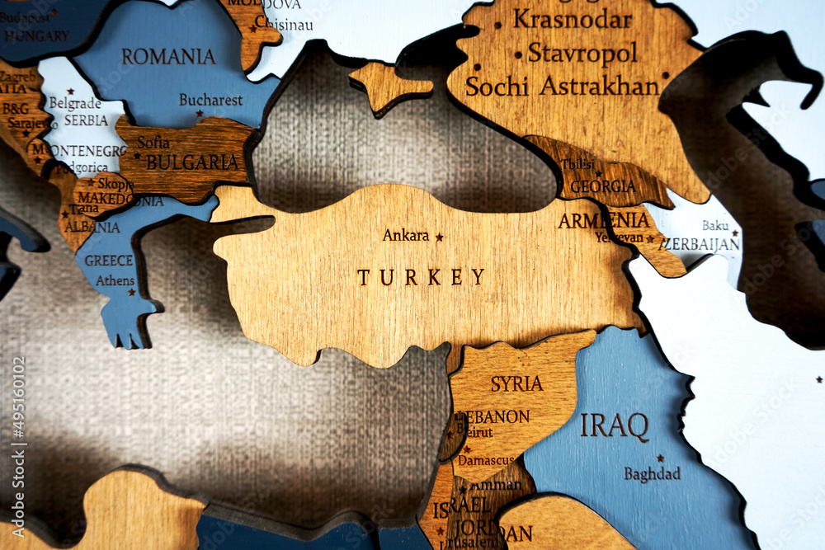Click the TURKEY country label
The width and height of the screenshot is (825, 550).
coord(421,277)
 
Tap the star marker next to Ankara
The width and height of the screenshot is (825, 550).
coord(439,237)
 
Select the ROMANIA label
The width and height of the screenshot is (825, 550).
coord(168,57)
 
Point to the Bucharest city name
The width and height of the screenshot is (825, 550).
coord(211,100)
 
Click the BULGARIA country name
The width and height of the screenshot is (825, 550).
coord(192,162)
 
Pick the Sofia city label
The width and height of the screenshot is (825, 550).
coord(153,143)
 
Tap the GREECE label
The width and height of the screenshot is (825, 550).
coord(108,261)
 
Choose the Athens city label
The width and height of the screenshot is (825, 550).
coord(115,280)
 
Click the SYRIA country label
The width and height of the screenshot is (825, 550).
coord(516,383)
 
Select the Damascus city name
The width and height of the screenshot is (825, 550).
coord(486,459)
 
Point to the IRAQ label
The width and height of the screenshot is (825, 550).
coord(614,426)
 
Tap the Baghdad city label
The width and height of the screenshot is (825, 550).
coord(652,474)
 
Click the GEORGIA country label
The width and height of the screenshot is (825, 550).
coord(602,186)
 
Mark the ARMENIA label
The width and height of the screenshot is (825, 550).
coord(603,221)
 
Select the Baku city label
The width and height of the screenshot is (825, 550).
coord(715,225)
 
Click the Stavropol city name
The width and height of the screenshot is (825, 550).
coord(582,53)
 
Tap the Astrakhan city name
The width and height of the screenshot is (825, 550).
coord(600,86)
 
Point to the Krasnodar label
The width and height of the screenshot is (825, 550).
coord(573,19)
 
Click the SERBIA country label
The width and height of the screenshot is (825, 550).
coord(86,120)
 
